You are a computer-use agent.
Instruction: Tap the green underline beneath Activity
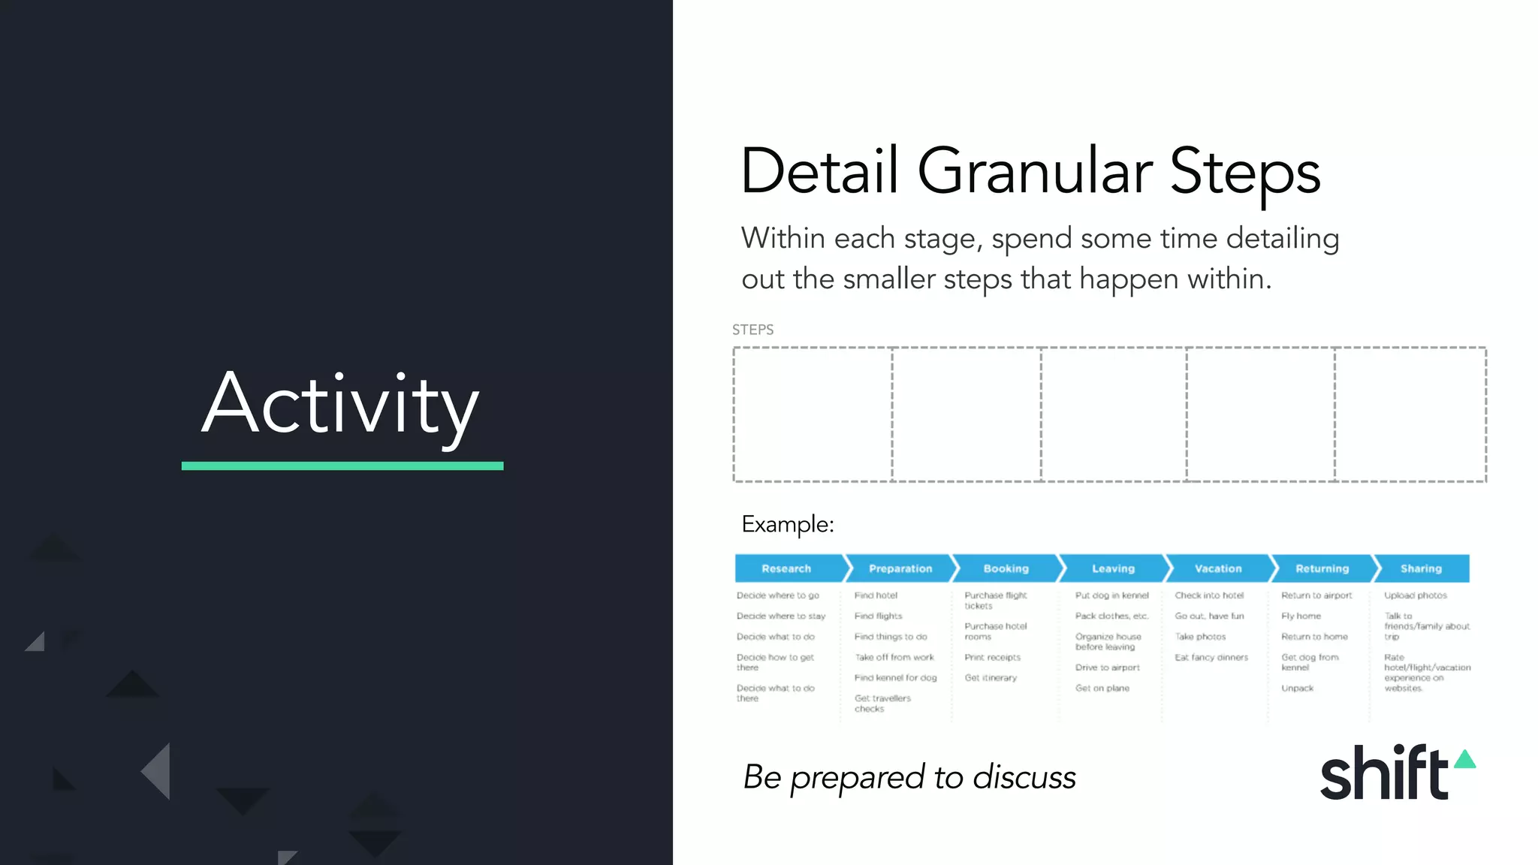tap(342, 466)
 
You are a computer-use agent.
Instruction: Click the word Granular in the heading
tap(1034, 172)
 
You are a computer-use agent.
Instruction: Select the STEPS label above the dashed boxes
tap(752, 330)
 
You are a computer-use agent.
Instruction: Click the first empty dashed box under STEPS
tap(813, 414)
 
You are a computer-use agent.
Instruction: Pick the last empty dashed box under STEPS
tap(1410, 414)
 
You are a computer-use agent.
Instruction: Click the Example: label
tap(788, 524)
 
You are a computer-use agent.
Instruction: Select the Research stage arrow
tap(786, 568)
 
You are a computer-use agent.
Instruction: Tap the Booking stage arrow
tap(1006, 568)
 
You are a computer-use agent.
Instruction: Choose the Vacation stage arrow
tap(1217, 568)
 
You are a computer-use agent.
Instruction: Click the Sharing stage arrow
tap(1421, 568)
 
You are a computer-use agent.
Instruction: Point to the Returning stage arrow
tap(1322, 568)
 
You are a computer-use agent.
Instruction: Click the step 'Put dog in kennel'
tap(1111, 595)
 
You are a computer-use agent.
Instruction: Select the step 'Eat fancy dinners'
tap(1211, 658)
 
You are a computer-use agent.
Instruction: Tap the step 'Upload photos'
tap(1416, 595)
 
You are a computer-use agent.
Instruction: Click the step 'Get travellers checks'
tap(882, 704)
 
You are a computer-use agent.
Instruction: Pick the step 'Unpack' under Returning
tap(1297, 689)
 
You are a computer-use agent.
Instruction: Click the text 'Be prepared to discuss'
tap(909, 777)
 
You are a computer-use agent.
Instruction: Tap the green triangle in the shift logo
tap(1464, 760)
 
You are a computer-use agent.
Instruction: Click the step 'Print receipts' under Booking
tap(992, 658)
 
